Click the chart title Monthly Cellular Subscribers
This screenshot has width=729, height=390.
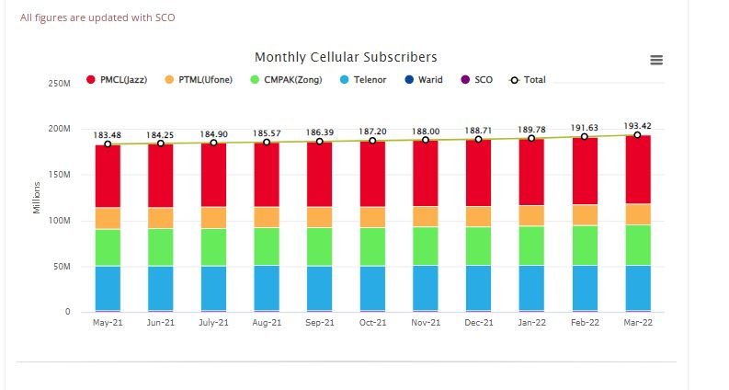(x=346, y=57)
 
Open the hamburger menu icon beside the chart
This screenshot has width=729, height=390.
(x=656, y=60)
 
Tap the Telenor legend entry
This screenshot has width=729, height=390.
(x=365, y=80)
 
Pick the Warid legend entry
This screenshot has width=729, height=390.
(x=423, y=80)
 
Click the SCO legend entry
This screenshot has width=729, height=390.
(x=476, y=80)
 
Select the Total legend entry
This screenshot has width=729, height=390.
(x=528, y=80)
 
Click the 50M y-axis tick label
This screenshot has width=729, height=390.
(x=61, y=267)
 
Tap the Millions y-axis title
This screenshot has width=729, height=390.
(x=38, y=196)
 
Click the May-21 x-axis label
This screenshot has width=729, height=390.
(x=108, y=323)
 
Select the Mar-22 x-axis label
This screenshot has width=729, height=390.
(x=637, y=323)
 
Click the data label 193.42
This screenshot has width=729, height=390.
(x=637, y=125)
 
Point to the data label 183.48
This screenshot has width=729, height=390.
(x=108, y=134)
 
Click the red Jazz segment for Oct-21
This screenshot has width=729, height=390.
(x=372, y=173)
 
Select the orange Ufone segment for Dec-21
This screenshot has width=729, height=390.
(x=478, y=216)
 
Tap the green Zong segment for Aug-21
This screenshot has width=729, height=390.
(x=267, y=247)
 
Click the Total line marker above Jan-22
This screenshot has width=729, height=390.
(x=531, y=138)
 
